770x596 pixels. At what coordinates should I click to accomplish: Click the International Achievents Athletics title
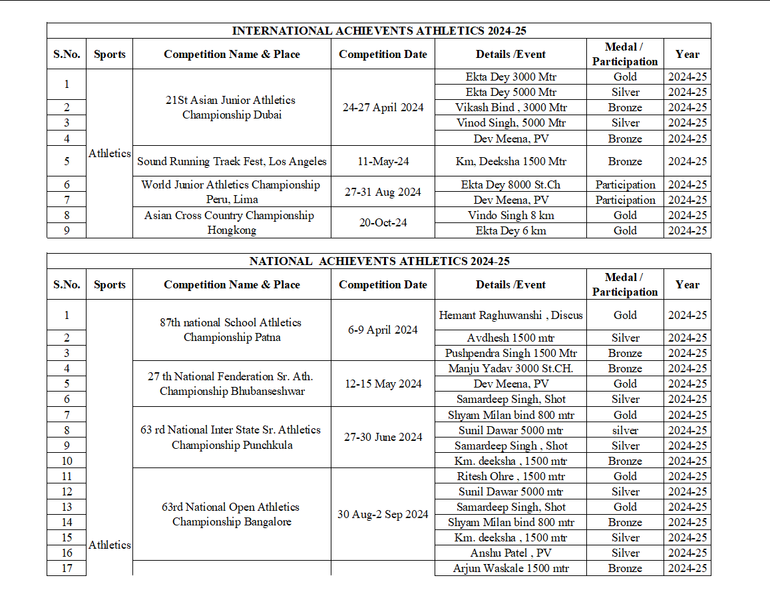pyautogui.click(x=379, y=31)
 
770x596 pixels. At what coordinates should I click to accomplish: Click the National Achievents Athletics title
pyautogui.click(x=379, y=261)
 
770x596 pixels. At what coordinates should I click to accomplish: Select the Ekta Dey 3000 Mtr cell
pyautogui.click(x=510, y=77)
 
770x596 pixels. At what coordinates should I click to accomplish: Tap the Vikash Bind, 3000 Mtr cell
pyautogui.click(x=510, y=107)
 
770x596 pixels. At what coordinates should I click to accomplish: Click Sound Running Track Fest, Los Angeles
pyautogui.click(x=232, y=161)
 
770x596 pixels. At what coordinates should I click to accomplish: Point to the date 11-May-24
pyautogui.click(x=383, y=161)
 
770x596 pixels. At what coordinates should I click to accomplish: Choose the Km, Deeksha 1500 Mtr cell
pyautogui.click(x=510, y=161)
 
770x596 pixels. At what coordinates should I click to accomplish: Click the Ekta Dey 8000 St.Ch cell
pyautogui.click(x=510, y=184)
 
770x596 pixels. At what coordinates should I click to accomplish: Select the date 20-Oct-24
pyautogui.click(x=383, y=222)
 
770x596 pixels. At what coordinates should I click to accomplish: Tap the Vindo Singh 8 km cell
pyautogui.click(x=510, y=215)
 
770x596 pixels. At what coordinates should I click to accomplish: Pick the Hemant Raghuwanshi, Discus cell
pyautogui.click(x=510, y=315)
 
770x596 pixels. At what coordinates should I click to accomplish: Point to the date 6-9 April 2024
pyautogui.click(x=383, y=330)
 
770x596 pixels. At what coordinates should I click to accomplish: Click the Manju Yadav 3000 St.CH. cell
pyautogui.click(x=510, y=368)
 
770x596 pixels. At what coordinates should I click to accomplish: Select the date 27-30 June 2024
pyautogui.click(x=383, y=437)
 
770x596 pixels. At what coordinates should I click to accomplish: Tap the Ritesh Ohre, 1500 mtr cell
pyautogui.click(x=510, y=476)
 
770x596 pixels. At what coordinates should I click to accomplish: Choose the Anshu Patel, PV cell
pyautogui.click(x=510, y=553)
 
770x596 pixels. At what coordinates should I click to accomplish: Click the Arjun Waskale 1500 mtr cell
pyautogui.click(x=510, y=568)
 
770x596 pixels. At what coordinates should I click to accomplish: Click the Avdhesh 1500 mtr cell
pyautogui.click(x=510, y=338)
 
